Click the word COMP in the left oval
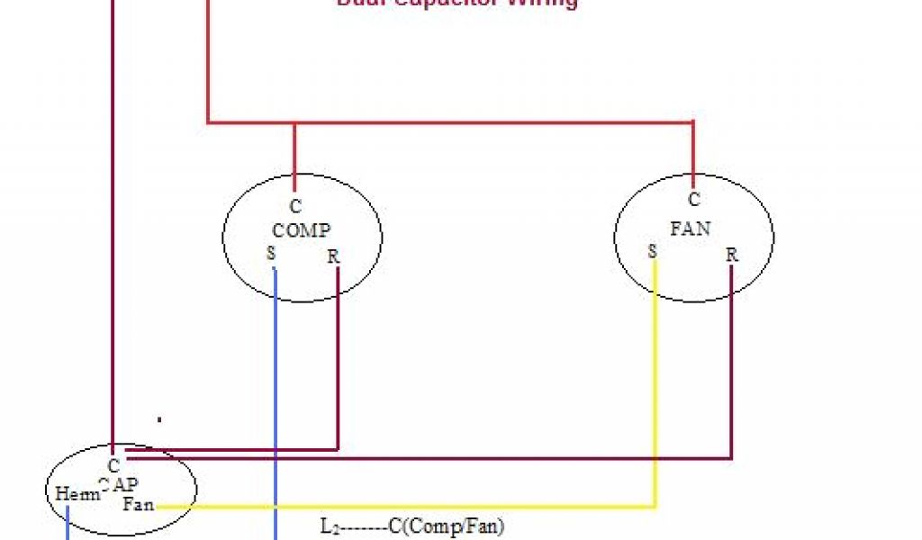pos(302,230)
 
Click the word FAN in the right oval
pos(691,228)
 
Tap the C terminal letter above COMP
pos(295,207)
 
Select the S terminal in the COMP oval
pos(271,254)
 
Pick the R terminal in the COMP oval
pos(333,256)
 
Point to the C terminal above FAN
pos(693,200)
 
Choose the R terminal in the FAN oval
pos(732,255)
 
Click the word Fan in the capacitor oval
pos(139,504)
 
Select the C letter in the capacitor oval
pos(113,466)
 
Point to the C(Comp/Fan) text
pos(447,525)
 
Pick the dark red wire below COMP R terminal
pos(338,360)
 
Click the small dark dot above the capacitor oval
pos(159,418)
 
